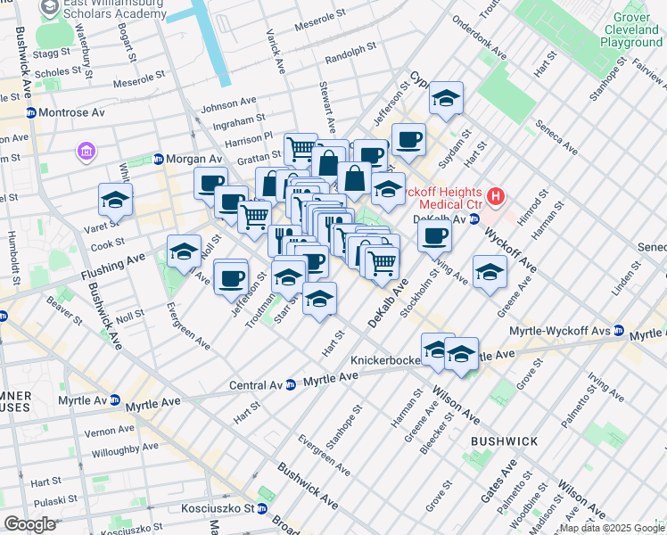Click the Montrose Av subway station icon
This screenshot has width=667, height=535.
pos(30,113)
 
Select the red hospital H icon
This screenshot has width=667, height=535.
pos(497,195)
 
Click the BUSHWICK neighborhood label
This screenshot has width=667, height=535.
pos(504,441)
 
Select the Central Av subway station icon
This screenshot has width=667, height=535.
pos(291,385)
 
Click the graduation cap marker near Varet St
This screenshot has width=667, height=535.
pos(115,201)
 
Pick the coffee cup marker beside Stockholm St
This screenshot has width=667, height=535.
pos(434,236)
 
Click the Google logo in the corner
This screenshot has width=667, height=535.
pos(29,524)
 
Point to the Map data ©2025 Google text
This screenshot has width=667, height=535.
pos(611,529)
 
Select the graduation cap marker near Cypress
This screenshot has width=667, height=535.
pos(445,99)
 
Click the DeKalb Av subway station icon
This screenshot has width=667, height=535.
pos(474,218)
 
